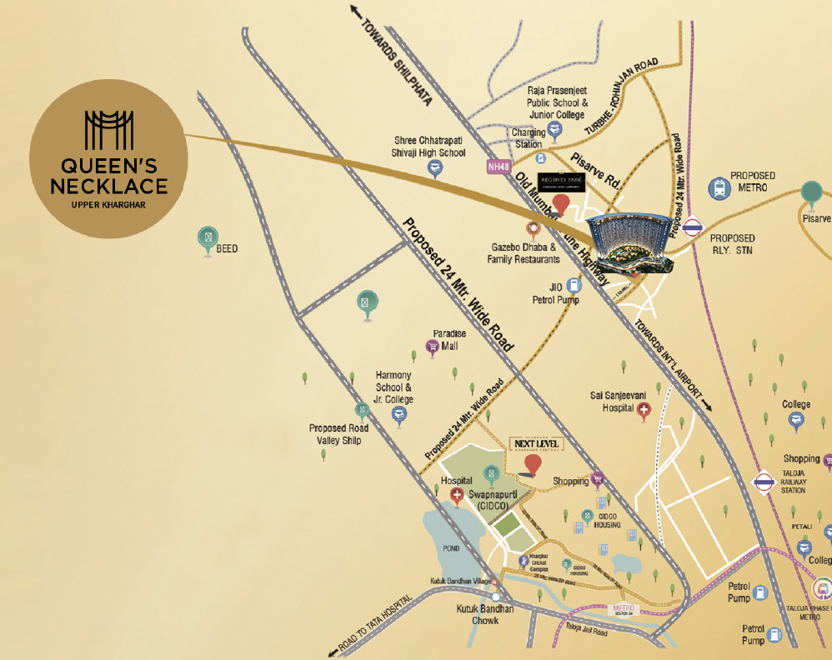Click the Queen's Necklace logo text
[x=108, y=175]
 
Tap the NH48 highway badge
[x=499, y=167]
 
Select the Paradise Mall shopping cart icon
[x=433, y=346]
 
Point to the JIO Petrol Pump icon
[x=574, y=285]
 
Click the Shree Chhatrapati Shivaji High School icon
[x=434, y=167]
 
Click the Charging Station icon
[x=540, y=157]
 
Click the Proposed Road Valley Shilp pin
[x=361, y=409]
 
